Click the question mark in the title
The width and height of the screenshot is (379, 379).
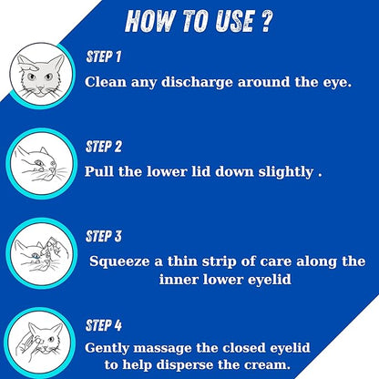click(265, 22)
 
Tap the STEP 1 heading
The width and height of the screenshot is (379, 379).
click(104, 56)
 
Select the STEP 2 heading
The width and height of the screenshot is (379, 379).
click(104, 147)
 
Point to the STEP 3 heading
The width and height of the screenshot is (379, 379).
click(104, 236)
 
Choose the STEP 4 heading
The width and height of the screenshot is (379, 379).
click(104, 325)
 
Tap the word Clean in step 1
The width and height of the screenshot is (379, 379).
click(106, 82)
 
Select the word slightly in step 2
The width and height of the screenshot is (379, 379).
click(285, 172)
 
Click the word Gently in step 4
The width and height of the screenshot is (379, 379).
click(107, 348)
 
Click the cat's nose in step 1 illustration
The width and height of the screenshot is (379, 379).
click(40, 88)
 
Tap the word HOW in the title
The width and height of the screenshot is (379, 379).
click(149, 21)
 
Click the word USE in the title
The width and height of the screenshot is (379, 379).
click(234, 22)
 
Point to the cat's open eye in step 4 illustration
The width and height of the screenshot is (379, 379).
click(51, 339)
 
